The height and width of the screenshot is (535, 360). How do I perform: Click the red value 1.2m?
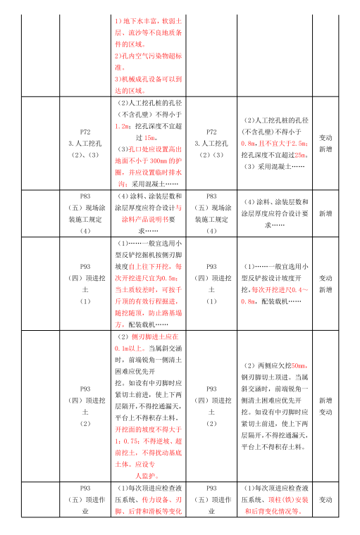(x=122, y=127)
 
